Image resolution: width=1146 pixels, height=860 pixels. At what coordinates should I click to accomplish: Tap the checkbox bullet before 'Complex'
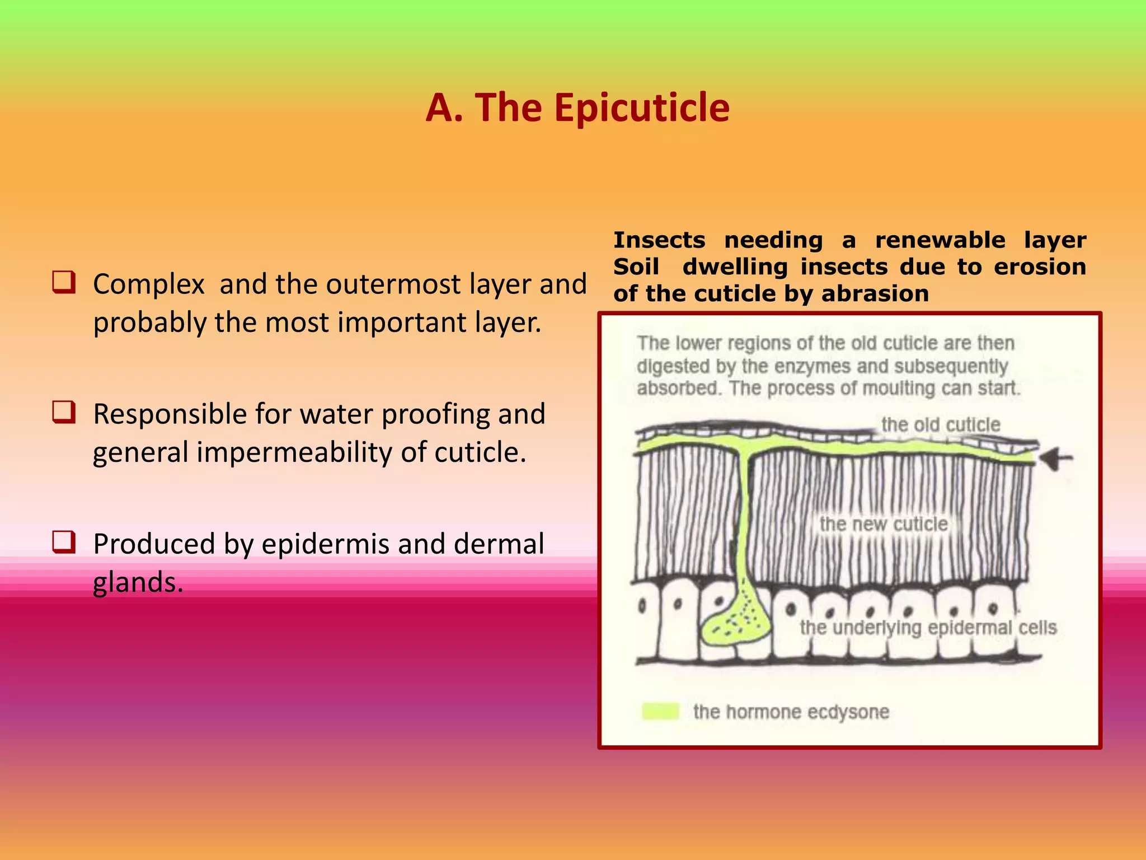tap(64, 282)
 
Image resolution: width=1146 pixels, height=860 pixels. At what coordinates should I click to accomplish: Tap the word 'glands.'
tap(138, 582)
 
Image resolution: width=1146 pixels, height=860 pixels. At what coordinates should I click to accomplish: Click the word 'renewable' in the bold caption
tap(940, 240)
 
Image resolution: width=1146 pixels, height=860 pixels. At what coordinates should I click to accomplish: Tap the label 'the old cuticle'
tap(941, 424)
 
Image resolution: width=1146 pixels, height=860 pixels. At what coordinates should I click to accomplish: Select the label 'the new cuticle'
tap(884, 524)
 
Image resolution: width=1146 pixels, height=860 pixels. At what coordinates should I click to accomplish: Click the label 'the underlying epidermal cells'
tap(928, 628)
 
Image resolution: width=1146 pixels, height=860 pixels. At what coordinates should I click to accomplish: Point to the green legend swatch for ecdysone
tap(660, 711)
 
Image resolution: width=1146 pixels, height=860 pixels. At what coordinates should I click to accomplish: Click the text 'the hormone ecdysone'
tap(791, 712)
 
